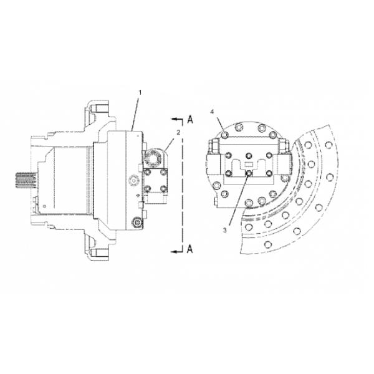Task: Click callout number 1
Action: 140,93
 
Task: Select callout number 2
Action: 178,132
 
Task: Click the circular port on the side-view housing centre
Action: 132,180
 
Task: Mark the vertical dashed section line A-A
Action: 182,187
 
